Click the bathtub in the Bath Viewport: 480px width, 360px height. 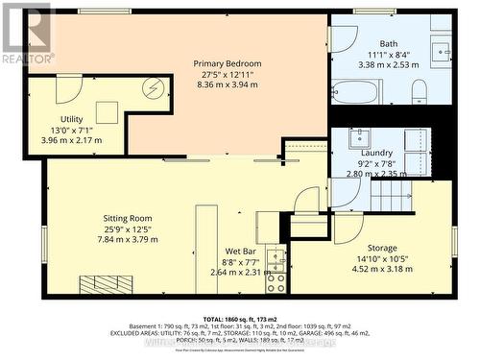coord(357,92)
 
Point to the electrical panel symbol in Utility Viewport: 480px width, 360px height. coord(151,88)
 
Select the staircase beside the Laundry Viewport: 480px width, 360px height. coord(389,197)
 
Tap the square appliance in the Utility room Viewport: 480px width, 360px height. coord(107,111)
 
